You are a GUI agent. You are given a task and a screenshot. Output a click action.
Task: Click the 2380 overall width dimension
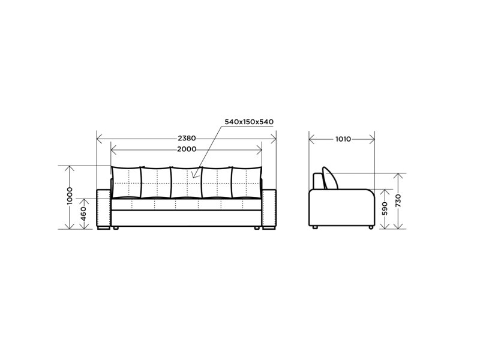click(187, 139)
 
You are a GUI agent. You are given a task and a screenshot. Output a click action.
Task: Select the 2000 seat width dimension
click(187, 149)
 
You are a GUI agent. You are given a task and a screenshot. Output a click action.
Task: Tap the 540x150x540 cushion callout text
click(249, 122)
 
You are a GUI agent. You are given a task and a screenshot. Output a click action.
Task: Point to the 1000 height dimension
click(70, 196)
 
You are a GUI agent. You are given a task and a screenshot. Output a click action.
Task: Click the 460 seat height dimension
click(83, 214)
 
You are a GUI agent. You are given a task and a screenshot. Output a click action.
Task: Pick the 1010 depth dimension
click(343, 139)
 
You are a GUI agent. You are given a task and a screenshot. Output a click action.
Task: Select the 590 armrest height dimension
click(385, 208)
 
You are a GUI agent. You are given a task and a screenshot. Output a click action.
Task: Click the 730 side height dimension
click(398, 200)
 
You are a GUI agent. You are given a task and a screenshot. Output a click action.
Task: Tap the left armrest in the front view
click(103, 209)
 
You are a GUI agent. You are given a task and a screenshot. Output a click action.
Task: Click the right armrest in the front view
click(269, 209)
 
